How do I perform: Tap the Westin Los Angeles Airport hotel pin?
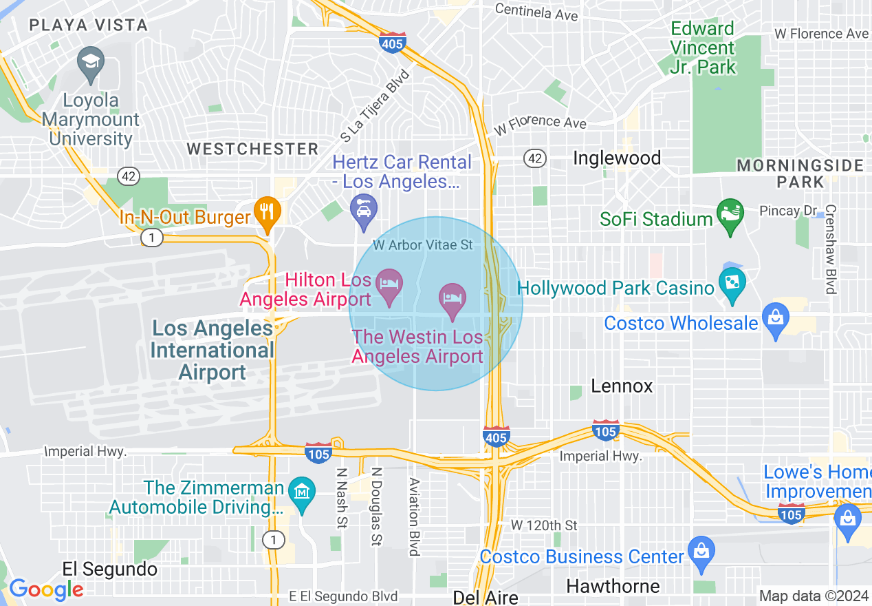coord(453,300)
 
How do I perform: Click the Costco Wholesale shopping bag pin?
coord(776,320)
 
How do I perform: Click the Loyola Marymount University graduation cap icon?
coord(91,62)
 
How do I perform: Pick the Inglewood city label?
coord(617,158)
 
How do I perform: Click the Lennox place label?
coord(622,386)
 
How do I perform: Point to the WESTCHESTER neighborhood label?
coord(252,149)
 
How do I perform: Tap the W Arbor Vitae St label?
coord(423,245)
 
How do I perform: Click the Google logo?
coord(45,589)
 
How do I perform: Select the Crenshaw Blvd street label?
coord(831,249)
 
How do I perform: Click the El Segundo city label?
coord(109,570)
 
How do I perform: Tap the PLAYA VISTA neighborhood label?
coord(88,25)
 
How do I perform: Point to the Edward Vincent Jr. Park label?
coord(702,48)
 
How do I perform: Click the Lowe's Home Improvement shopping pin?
coord(847,518)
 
